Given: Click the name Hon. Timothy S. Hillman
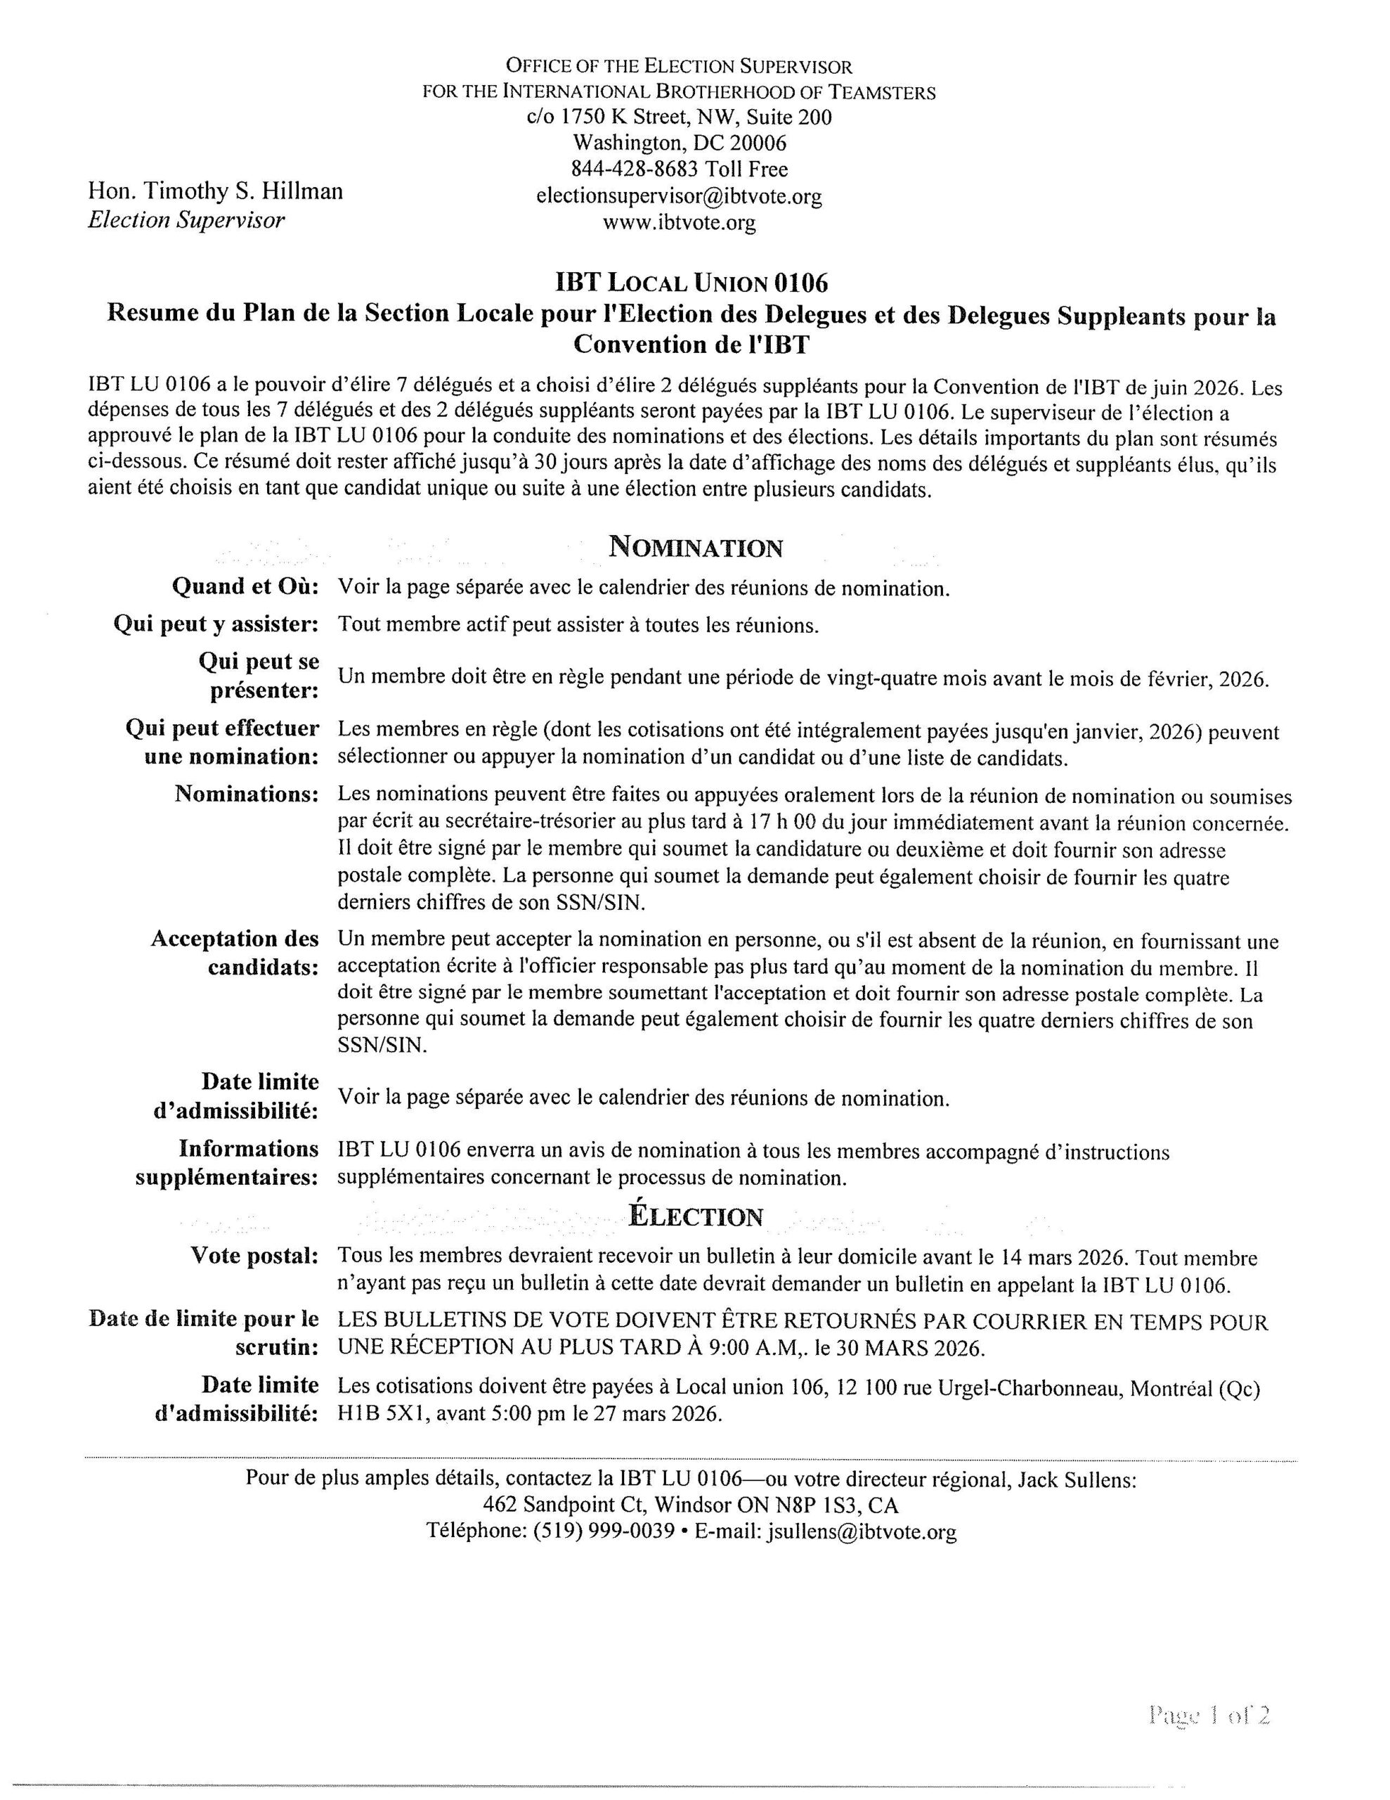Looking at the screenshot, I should tap(215, 191).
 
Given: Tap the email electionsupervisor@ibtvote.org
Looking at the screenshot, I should tap(679, 196).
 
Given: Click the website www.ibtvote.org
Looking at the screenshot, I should tap(679, 222).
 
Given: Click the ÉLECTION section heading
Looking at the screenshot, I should tap(696, 1216).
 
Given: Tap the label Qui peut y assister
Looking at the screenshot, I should tap(216, 624).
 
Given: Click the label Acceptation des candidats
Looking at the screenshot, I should tap(235, 953).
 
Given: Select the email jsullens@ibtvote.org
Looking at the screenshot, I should tap(862, 1532).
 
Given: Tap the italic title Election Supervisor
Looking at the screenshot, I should tap(186, 220).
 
